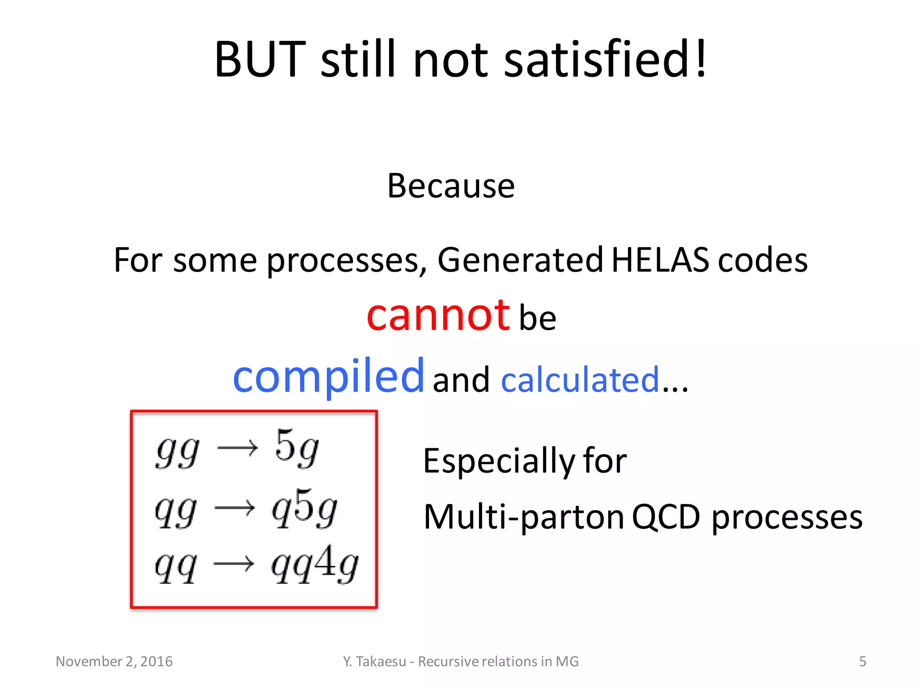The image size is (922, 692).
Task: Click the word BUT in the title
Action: tap(260, 59)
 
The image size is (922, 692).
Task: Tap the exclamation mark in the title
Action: tap(700, 59)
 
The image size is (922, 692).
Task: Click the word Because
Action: tap(451, 186)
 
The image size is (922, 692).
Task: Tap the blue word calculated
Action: tap(580, 379)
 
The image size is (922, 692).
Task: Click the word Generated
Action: tap(520, 260)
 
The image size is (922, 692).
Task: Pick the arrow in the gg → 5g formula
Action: tap(237, 448)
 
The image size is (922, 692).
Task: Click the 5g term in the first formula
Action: tap(297, 448)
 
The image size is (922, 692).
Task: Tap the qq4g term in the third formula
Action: tap(314, 565)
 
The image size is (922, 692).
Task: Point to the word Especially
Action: tap(499, 462)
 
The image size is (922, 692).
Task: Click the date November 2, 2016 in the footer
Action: tap(114, 661)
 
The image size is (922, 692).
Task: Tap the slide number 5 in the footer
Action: tap(862, 661)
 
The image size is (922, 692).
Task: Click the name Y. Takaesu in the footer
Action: tap(374, 661)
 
